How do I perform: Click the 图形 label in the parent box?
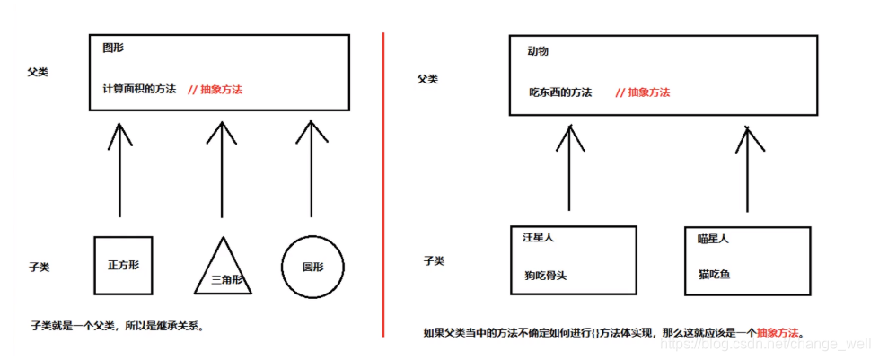113,46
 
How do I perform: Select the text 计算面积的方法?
139,90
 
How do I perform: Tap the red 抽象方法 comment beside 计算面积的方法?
215,90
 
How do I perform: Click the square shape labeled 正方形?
124,265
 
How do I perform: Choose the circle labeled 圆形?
312,266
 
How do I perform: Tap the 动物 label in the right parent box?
538,51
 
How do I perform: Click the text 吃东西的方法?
560,92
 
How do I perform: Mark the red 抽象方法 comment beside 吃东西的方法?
642,92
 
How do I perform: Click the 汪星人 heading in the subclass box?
539,238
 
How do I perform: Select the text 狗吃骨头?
545,276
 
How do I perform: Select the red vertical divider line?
384,180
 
